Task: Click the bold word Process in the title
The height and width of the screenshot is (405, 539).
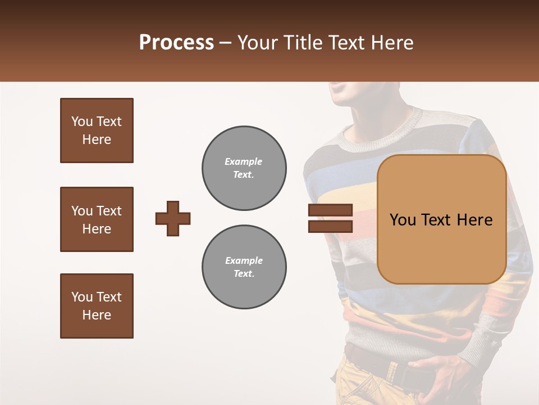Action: pyautogui.click(x=176, y=43)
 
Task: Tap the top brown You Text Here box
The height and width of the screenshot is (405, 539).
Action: pyautogui.click(x=97, y=130)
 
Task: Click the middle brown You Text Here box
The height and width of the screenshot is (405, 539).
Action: pyautogui.click(x=97, y=219)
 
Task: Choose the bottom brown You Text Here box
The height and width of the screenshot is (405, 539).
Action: pyautogui.click(x=97, y=306)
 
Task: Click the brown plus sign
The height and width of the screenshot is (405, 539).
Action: pyautogui.click(x=173, y=218)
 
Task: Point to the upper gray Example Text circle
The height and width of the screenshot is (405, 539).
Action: pyautogui.click(x=244, y=168)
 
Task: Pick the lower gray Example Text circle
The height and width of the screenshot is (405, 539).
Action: pyautogui.click(x=244, y=267)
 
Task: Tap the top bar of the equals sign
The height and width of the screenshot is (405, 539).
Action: pyautogui.click(x=330, y=210)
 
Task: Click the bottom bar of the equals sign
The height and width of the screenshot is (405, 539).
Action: pyautogui.click(x=330, y=227)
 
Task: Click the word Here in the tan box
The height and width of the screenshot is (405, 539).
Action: pyautogui.click(x=474, y=220)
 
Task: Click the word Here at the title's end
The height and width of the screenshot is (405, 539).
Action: pyautogui.click(x=393, y=43)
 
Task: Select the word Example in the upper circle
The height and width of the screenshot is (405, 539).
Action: pyautogui.click(x=244, y=161)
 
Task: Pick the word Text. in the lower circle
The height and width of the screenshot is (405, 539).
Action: pyautogui.click(x=244, y=274)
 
